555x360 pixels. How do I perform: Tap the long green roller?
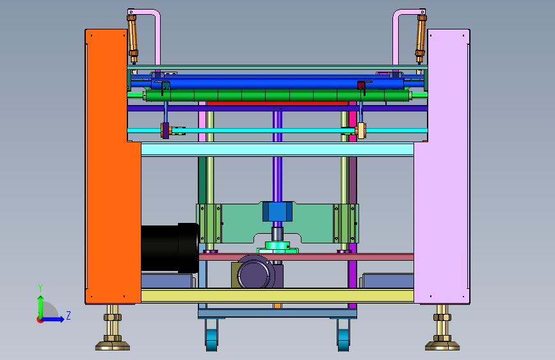pos(278,95)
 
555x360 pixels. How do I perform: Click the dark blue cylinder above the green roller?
pos(278,84)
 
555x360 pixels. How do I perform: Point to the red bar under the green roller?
pos(278,104)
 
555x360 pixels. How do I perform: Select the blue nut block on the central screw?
pos(278,211)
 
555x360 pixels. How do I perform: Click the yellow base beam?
pos(278,295)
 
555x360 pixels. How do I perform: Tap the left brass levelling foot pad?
pos(113,345)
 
